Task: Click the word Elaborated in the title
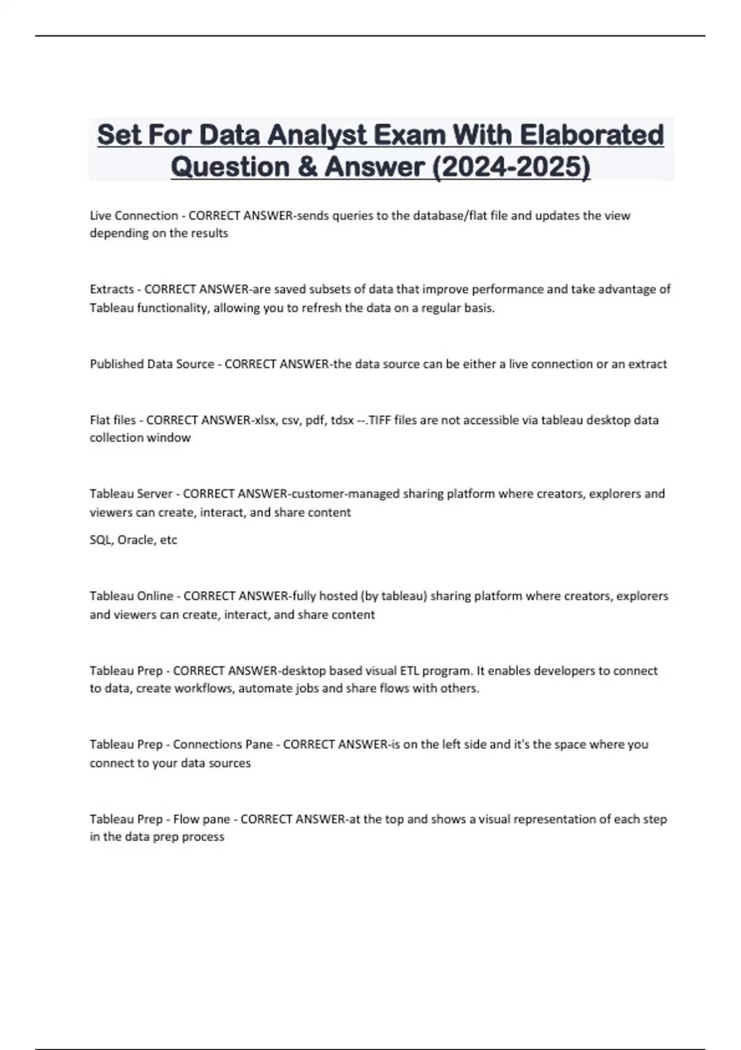point(591,135)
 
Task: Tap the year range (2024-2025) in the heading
point(512,167)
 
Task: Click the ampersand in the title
point(306,167)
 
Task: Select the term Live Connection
point(134,216)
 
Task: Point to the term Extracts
point(112,289)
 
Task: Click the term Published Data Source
point(152,364)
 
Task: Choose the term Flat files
point(112,420)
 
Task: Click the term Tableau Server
point(132,493)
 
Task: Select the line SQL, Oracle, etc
point(133,540)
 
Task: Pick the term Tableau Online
point(132,596)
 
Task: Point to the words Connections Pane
point(223,744)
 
